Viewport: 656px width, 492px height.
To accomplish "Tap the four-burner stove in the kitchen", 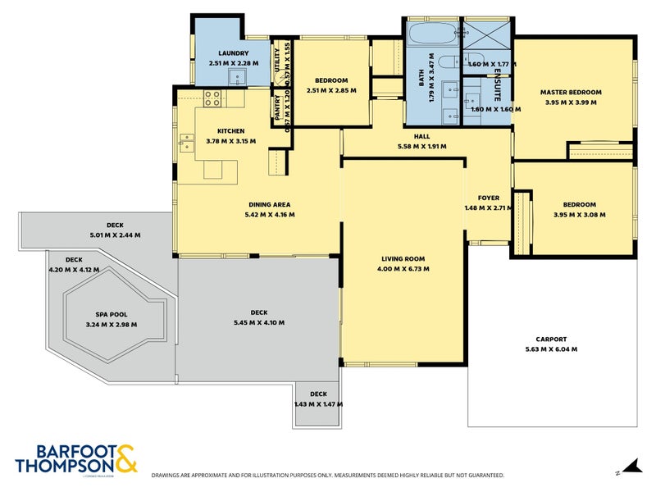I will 211,98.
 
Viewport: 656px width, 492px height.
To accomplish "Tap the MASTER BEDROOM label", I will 571,92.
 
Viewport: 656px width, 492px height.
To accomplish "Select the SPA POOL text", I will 112,314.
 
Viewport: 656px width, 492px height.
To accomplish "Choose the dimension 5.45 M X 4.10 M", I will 258,323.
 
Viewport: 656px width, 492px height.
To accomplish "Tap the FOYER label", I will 488,198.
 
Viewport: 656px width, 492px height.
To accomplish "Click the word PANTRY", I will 277,109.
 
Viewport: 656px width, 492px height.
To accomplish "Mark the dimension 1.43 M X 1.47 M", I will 318,403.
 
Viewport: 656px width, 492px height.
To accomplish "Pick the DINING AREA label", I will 270,204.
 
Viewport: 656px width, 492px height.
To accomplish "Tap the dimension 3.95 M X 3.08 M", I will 579,215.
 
